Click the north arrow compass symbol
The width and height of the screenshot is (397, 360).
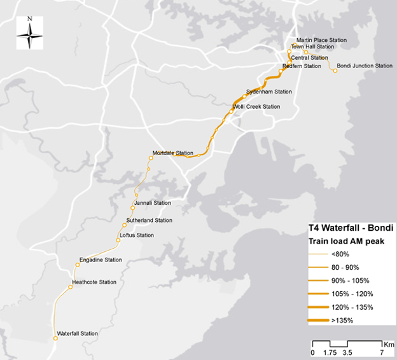coord(30,36)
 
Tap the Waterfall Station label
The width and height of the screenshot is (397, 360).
coord(78,333)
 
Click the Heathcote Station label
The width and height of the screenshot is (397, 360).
coord(94,282)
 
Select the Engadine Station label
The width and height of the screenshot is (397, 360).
coord(101,260)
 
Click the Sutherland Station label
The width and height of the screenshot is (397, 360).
coord(150,220)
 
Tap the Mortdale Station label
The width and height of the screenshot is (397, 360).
coord(173,153)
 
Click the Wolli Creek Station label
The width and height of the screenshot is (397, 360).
coord(256,107)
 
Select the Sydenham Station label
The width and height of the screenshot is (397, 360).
coord(269,92)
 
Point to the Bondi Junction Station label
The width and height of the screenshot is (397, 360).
coord(365,66)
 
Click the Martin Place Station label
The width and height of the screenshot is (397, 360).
coord(321,40)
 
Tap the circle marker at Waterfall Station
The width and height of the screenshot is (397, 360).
coord(55,338)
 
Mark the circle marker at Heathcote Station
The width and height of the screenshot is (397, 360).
coord(71,287)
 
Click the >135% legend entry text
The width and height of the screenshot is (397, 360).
coord(342,320)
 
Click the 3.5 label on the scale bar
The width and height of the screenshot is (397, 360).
coord(347,352)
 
